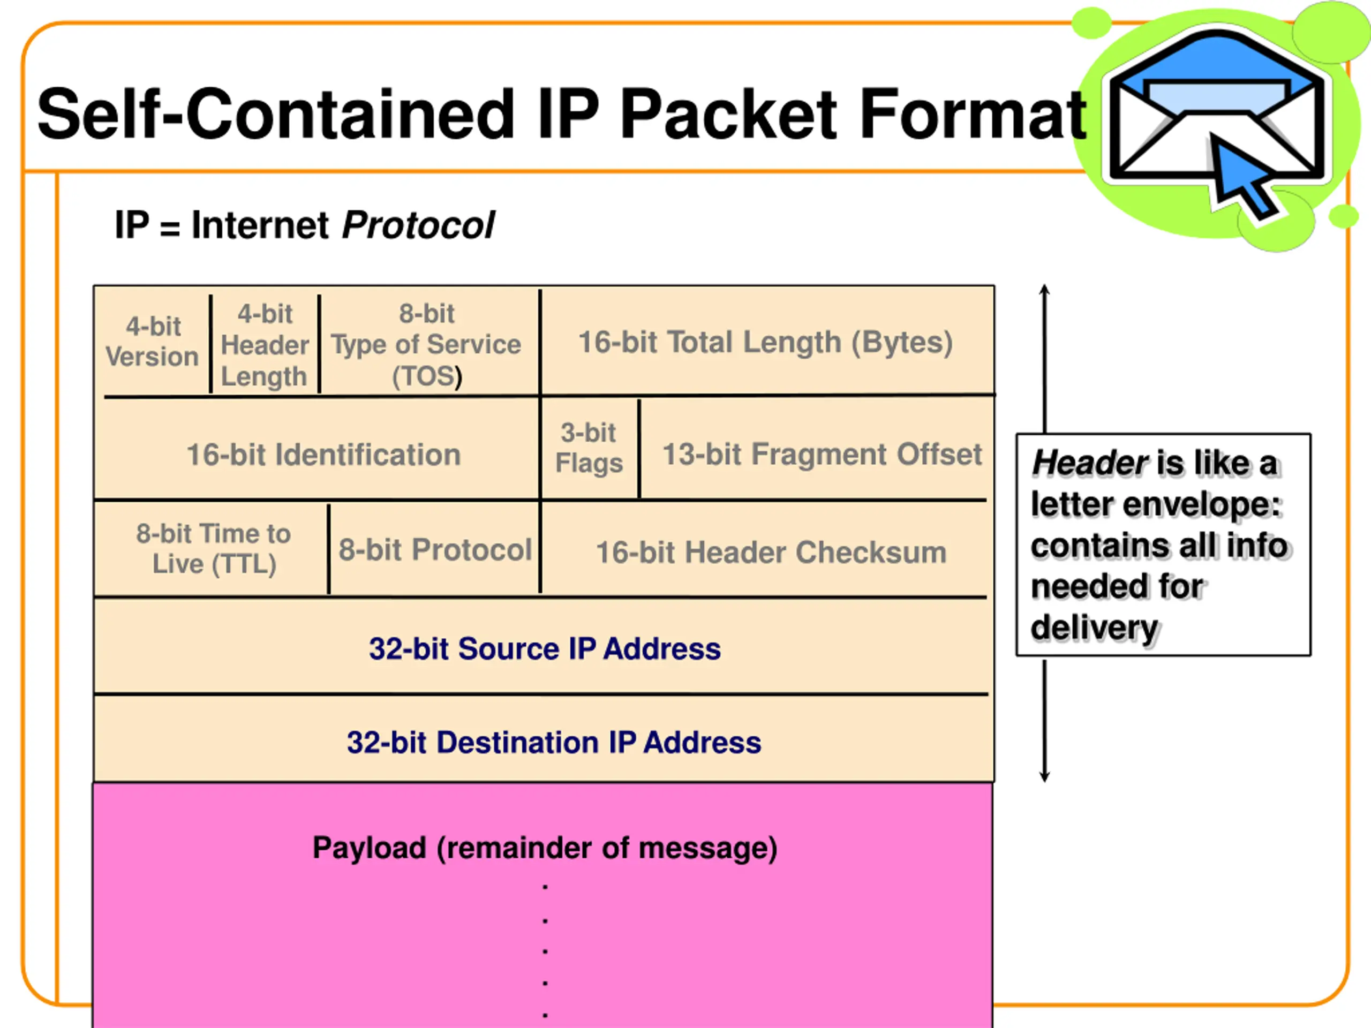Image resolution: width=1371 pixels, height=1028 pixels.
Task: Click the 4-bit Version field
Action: pyautogui.click(x=153, y=342)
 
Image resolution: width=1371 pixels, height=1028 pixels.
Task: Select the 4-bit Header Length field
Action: pyautogui.click(x=265, y=344)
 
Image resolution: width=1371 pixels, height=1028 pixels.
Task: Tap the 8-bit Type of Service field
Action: pyautogui.click(x=426, y=344)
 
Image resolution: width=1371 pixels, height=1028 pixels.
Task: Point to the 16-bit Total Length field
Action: pyautogui.click(x=765, y=342)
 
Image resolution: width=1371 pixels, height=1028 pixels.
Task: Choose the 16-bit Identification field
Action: pyautogui.click(x=323, y=455)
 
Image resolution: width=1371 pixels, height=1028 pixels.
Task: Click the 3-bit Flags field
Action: pyautogui.click(x=589, y=448)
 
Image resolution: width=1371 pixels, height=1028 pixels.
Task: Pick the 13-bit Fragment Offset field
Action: pyautogui.click(x=822, y=454)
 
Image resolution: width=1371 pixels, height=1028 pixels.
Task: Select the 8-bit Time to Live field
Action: pyautogui.click(x=214, y=548)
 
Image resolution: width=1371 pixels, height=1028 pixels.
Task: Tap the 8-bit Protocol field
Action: pyautogui.click(x=434, y=550)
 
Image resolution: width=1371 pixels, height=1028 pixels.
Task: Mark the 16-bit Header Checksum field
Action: pyautogui.click(x=771, y=552)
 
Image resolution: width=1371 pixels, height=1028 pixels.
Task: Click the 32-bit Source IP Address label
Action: pyautogui.click(x=545, y=649)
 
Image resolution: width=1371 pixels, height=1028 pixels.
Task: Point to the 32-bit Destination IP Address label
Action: pyautogui.click(x=553, y=742)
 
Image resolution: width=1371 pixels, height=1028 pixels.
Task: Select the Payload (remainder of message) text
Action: pyautogui.click(x=545, y=848)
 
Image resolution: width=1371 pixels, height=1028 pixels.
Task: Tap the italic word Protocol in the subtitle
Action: pyautogui.click(x=418, y=224)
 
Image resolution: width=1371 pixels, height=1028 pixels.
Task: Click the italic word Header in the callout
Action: pyautogui.click(x=1090, y=463)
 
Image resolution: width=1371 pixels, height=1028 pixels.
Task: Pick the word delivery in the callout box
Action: pyautogui.click(x=1095, y=627)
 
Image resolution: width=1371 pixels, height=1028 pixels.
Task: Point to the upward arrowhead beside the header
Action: pyautogui.click(x=1044, y=291)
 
